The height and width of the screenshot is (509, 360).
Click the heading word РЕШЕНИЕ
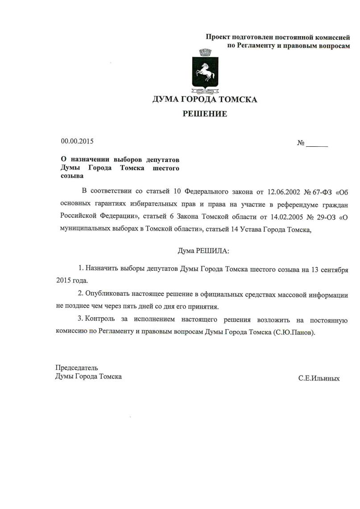[x=205, y=114]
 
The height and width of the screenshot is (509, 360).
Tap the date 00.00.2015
[x=77, y=141]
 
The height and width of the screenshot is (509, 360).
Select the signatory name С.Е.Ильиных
[x=319, y=378]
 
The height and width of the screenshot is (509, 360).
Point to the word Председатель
[x=77, y=368]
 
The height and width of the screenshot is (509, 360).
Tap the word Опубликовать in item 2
[x=106, y=294]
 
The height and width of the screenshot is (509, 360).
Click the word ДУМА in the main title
[x=167, y=99]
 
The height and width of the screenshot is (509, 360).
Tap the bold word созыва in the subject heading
[x=71, y=176]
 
